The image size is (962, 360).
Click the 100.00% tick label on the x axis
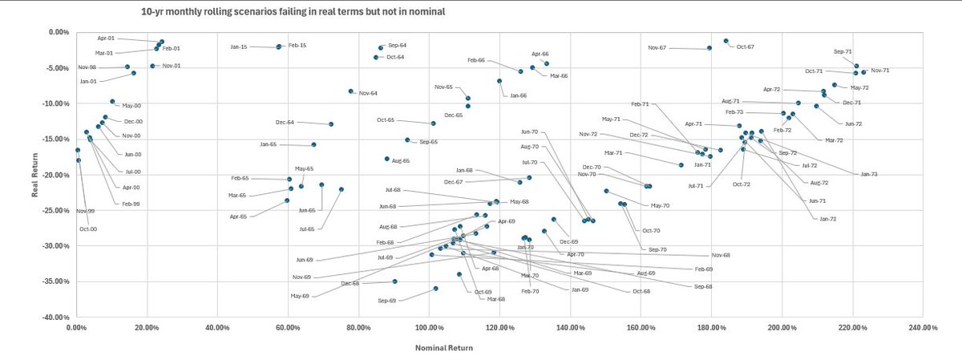pos(429,327)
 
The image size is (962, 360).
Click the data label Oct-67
pos(746,47)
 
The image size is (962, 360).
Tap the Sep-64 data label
pos(398,46)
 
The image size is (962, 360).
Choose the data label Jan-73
pos(869,174)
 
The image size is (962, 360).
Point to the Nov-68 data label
pos(721,255)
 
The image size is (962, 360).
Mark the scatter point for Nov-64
pos(350,91)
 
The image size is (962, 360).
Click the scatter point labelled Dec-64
pos(331,124)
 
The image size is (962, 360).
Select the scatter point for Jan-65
pos(313,144)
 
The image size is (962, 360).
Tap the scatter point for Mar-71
pos(681,165)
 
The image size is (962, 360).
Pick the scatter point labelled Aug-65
pos(387,159)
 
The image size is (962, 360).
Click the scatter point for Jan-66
pos(499,81)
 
